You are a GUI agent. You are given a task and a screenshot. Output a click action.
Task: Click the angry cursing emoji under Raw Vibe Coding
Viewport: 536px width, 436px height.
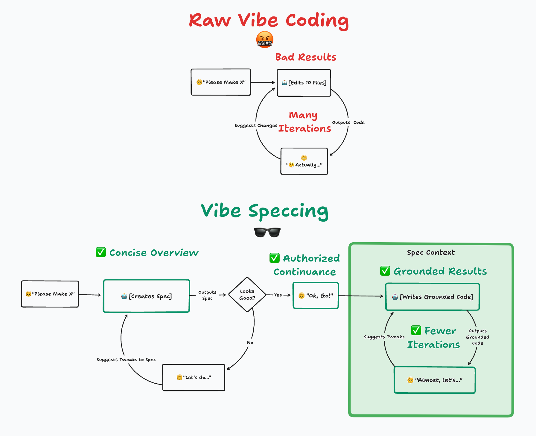(265, 40)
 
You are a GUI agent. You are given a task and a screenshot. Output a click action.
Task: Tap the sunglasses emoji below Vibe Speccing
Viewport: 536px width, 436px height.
(267, 232)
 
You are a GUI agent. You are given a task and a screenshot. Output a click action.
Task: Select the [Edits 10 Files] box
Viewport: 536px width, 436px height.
(304, 83)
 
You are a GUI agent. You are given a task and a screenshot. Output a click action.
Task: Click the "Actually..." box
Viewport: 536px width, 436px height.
(304, 161)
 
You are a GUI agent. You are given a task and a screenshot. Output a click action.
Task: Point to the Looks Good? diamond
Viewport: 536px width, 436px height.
(247, 295)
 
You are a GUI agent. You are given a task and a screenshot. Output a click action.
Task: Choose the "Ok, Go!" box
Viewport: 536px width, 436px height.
(316, 296)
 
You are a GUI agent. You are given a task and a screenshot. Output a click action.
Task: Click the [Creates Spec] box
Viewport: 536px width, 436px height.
(147, 296)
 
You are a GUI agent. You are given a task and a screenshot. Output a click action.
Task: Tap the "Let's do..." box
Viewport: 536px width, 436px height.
(194, 377)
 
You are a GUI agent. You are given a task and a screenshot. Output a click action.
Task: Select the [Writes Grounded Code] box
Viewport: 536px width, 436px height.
(433, 297)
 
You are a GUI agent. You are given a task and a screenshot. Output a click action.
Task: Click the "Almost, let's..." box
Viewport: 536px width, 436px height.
(435, 380)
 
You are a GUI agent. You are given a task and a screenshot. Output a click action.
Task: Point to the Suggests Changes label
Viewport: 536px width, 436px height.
(256, 125)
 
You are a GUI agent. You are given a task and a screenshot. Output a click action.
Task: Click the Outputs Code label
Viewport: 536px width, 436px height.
(348, 122)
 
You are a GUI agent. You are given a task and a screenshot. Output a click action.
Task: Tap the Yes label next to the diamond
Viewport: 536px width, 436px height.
(278, 295)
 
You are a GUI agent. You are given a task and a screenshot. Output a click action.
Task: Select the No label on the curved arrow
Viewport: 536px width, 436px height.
(250, 343)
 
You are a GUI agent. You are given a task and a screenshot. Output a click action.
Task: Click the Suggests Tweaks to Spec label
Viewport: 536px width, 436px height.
(126, 360)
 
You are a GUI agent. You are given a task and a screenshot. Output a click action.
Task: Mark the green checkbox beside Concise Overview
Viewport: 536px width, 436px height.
(101, 252)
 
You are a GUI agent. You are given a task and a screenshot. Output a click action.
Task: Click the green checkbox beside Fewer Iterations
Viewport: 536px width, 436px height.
(416, 330)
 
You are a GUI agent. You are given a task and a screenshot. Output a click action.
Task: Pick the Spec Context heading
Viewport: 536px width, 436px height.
(431, 252)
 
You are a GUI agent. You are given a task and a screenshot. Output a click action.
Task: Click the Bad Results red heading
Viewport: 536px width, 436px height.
(306, 57)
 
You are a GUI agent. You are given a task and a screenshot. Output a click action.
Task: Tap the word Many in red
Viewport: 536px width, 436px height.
(303, 115)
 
